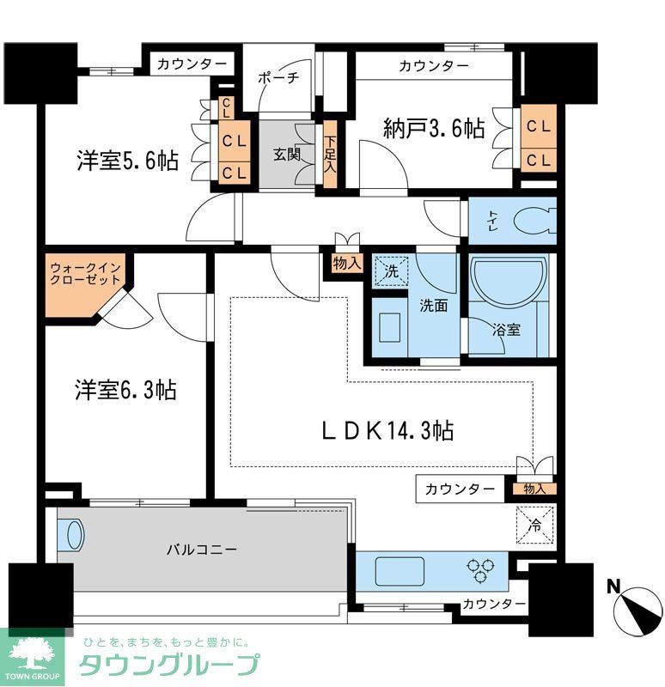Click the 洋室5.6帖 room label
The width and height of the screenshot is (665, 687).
[127, 161]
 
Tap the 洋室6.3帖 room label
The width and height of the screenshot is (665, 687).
[125, 390]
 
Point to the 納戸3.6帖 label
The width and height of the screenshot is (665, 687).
[433, 130]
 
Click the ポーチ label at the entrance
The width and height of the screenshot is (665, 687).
[278, 77]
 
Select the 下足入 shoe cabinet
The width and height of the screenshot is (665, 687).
[329, 155]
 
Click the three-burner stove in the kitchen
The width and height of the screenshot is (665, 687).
[477, 568]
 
